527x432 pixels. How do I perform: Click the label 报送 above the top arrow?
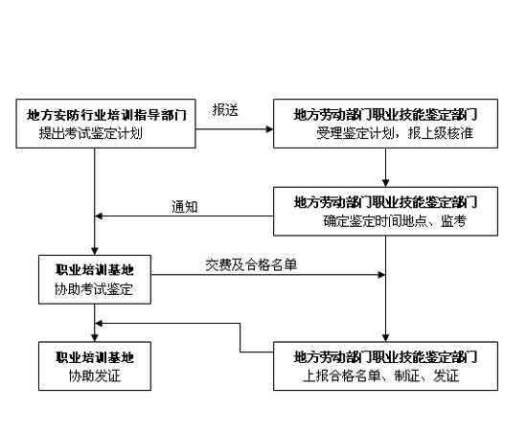(225, 110)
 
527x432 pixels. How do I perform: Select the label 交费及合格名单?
(251, 264)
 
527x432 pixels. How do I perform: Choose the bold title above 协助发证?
(94, 357)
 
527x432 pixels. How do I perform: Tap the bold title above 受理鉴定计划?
(386, 115)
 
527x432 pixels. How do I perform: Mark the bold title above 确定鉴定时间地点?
(386, 203)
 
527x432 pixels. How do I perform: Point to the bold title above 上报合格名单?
(386, 357)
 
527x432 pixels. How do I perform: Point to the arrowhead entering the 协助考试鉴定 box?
(94, 250)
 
